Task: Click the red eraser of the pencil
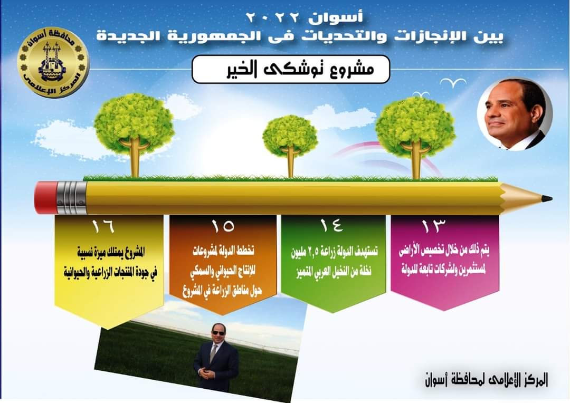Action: pos(46,198)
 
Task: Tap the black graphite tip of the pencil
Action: pos(547,199)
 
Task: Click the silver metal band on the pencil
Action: pos(72,198)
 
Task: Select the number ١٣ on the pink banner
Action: pos(434,226)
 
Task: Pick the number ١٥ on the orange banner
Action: pos(223,226)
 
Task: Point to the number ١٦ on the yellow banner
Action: pos(103,226)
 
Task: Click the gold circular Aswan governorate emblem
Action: pos(53,62)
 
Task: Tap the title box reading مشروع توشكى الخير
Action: pos(291,69)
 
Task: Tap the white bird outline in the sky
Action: pos(453,83)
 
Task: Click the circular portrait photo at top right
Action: pos(515,114)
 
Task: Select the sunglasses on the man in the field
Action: pos(218,333)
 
